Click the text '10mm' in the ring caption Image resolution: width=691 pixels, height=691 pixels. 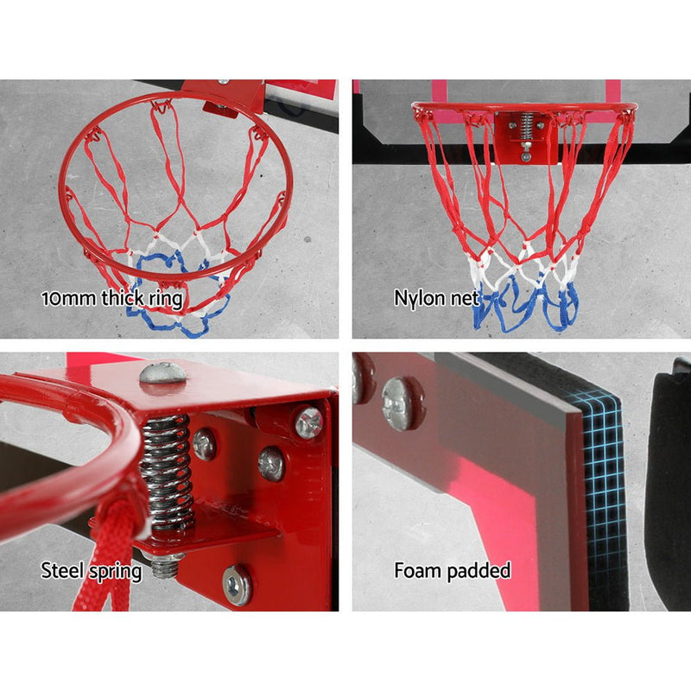[x=68, y=298]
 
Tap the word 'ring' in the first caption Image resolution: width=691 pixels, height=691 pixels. [x=166, y=299]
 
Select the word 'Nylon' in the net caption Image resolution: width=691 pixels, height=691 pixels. [x=420, y=298]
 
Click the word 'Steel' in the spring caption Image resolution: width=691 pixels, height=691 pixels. [x=63, y=570]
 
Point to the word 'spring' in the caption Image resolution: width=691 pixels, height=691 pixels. [x=116, y=572]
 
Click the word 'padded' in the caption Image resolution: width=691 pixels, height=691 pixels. [x=479, y=571]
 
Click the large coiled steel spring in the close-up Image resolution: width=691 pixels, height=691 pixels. [x=167, y=472]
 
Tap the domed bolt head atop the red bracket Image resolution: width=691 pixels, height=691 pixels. [x=163, y=373]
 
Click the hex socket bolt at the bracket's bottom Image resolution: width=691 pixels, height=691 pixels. [x=237, y=586]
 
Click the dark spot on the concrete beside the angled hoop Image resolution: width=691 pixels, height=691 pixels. [x=307, y=239]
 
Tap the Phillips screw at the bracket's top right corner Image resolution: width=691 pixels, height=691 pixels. [x=309, y=422]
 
